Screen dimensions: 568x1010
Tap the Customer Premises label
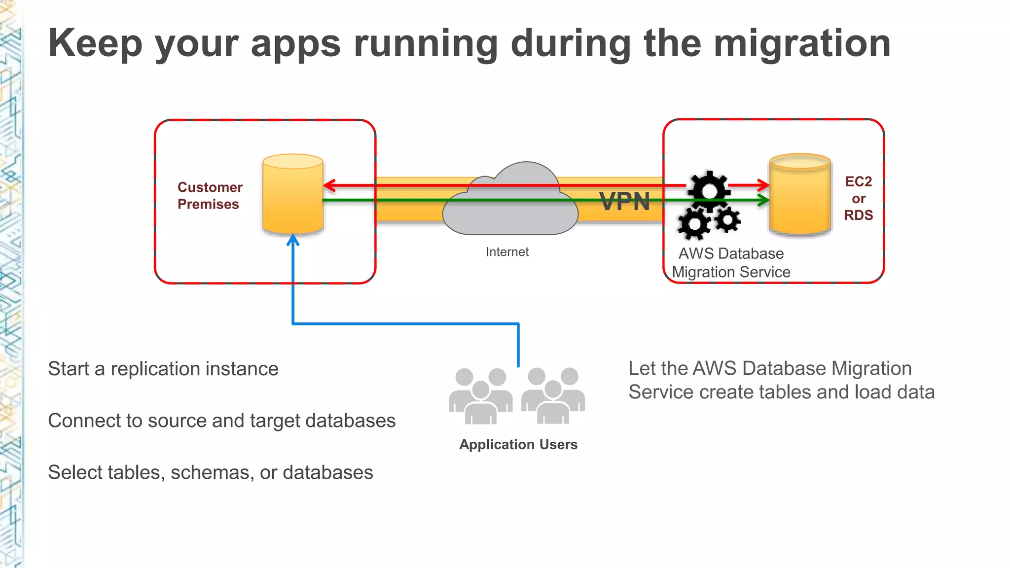point(210,196)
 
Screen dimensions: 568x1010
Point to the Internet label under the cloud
point(507,252)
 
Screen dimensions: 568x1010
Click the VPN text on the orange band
point(625,202)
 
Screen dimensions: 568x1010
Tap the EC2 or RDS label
point(858,198)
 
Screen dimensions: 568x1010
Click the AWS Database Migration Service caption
point(731,263)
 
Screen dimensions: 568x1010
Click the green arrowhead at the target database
point(764,200)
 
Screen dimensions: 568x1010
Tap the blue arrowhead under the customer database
point(293,240)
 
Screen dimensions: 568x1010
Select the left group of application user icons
point(480,396)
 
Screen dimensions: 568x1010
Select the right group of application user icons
point(553,396)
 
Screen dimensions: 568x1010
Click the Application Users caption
point(518,444)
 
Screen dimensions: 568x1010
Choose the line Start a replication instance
point(163,369)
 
